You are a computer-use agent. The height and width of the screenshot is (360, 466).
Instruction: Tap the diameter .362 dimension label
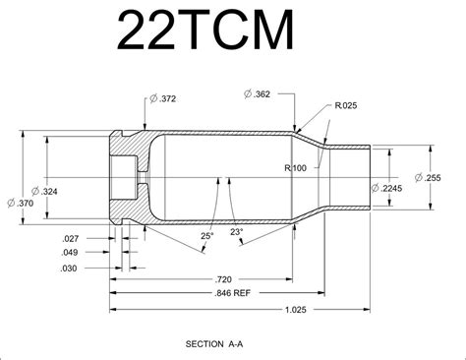258,93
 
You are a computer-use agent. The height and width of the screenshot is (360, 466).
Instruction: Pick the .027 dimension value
70,239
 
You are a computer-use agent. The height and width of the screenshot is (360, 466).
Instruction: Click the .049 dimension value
70,253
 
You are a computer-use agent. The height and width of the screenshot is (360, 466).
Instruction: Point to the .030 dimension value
70,268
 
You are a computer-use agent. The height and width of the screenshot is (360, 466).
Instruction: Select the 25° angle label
206,236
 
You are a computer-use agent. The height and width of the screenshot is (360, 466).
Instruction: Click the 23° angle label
236,232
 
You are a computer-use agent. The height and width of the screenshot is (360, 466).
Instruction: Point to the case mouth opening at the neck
370,177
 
